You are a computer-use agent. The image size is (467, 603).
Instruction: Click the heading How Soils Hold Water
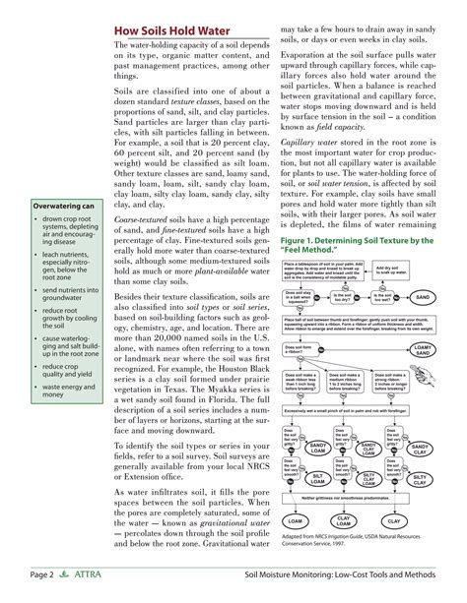coord(173,30)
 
